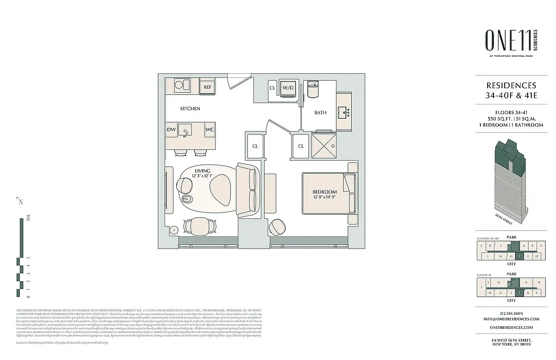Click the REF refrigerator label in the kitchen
[x=207, y=87]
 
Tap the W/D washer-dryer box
[x=288, y=88]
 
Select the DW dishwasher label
[x=171, y=130]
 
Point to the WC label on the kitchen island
[x=209, y=130]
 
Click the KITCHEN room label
[x=190, y=109]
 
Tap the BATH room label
[x=320, y=112]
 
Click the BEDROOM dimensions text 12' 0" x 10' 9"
[x=325, y=197]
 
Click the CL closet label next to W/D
[x=272, y=88]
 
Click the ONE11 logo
[x=508, y=40]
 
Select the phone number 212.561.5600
[x=511, y=314]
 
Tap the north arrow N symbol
[x=20, y=201]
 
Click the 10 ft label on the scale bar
[x=28, y=220]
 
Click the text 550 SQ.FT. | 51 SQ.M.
[x=511, y=118]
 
